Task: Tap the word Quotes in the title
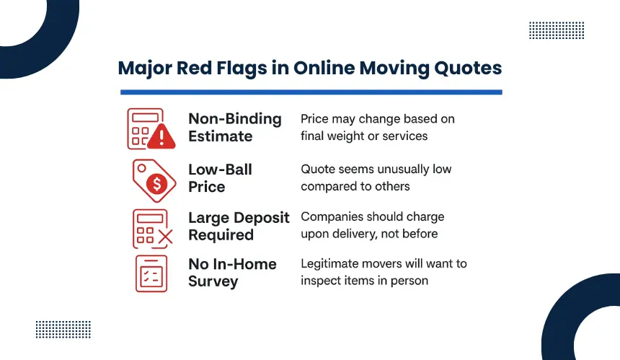coord(468,68)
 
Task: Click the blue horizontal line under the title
coord(311,92)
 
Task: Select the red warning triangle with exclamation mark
coord(161,136)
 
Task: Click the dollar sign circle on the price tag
coord(156,183)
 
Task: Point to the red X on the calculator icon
coord(165,237)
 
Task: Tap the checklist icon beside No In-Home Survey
coord(151,273)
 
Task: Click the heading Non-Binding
coord(235,119)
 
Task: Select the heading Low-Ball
coord(220,170)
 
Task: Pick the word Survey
coord(213,281)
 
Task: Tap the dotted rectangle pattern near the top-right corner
coord(557,30)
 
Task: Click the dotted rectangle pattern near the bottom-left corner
coord(63,330)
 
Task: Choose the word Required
coord(221,235)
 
